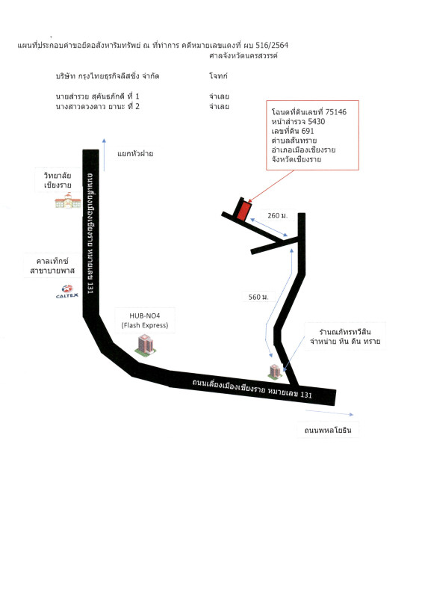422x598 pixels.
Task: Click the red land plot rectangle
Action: click(243, 211)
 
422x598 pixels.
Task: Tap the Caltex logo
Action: click(67, 292)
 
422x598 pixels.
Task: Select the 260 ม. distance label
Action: click(277, 215)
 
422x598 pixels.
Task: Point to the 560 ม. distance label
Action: click(258, 297)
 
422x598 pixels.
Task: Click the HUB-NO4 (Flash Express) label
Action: click(145, 321)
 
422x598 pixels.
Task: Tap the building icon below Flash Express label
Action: click(146, 344)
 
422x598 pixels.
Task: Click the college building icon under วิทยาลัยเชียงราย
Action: click(68, 200)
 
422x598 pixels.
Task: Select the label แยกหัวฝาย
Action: click(135, 154)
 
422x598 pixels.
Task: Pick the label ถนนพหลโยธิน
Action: click(328, 431)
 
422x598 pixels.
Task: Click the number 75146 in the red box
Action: click(336, 111)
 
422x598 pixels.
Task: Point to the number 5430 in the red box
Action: click(317, 121)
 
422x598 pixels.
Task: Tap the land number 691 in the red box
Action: click(308, 131)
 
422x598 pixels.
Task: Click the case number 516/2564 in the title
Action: click(272, 45)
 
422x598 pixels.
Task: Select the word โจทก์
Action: click(218, 75)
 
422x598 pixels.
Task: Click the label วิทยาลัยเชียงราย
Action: click(58, 180)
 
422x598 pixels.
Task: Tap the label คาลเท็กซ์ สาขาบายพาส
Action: click(52, 266)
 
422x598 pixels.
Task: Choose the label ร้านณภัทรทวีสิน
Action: click(345, 332)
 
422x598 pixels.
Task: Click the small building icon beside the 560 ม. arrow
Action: click(275, 371)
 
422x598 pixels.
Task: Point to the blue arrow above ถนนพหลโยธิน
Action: click(329, 413)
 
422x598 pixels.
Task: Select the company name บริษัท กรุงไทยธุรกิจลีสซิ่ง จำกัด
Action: click(108, 75)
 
